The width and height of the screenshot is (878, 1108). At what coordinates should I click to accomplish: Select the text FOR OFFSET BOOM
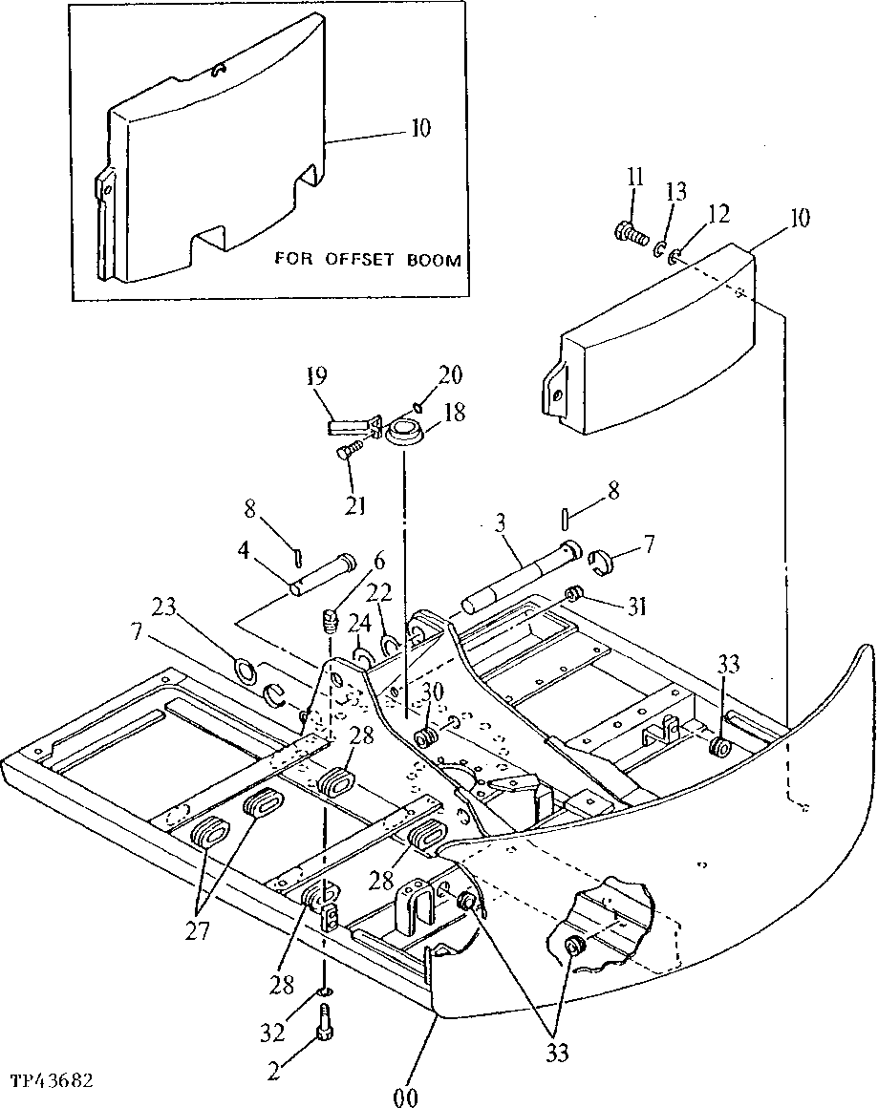(368, 259)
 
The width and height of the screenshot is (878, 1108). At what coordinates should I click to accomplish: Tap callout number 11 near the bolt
(635, 177)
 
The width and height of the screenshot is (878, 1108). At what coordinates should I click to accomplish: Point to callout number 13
(675, 193)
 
